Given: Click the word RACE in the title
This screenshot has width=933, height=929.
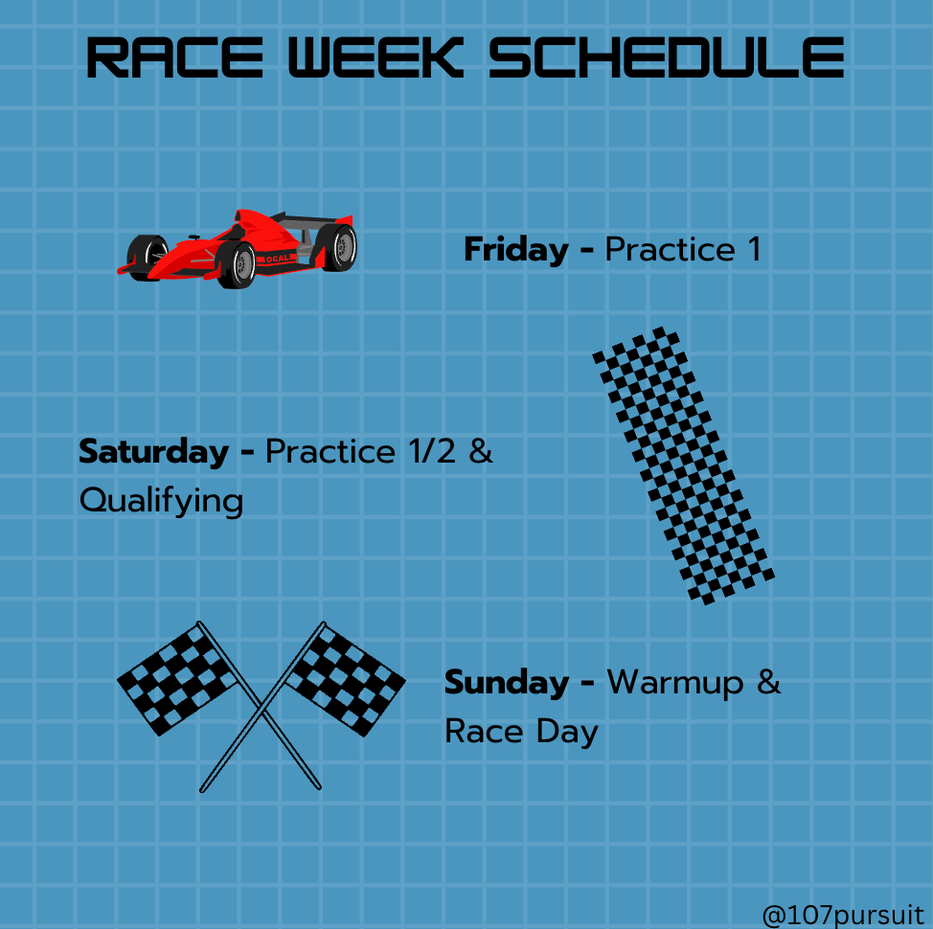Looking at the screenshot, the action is click(174, 57).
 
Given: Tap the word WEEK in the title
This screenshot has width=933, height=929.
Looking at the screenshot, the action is click(375, 57).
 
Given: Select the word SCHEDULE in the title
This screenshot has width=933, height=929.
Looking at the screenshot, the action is click(667, 57).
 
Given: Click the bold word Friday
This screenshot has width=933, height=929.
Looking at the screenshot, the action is click(516, 250).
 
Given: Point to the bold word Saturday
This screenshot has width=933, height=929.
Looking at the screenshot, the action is click(153, 452).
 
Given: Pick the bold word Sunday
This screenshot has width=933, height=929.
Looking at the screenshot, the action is click(507, 682).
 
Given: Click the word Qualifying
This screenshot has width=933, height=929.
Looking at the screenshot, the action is click(161, 502).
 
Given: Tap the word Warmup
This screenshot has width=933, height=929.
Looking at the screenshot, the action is click(674, 683).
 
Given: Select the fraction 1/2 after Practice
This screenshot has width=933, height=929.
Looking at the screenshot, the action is click(433, 451).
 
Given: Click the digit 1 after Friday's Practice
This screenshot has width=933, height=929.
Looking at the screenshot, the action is click(755, 249).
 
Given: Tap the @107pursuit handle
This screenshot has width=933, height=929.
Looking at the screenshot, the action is click(843, 915).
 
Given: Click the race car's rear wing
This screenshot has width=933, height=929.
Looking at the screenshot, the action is click(312, 219).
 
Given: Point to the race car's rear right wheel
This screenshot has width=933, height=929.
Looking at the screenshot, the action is click(338, 247).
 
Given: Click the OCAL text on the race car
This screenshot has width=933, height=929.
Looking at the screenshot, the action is click(277, 259).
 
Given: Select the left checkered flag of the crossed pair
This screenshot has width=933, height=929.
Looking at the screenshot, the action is click(177, 678).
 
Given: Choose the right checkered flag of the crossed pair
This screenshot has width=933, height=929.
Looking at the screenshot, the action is click(346, 679).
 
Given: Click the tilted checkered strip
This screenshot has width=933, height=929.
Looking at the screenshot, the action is click(683, 465).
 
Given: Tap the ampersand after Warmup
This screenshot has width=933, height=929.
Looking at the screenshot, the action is click(768, 682).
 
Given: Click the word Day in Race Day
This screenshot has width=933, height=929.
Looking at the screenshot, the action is click(567, 732).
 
